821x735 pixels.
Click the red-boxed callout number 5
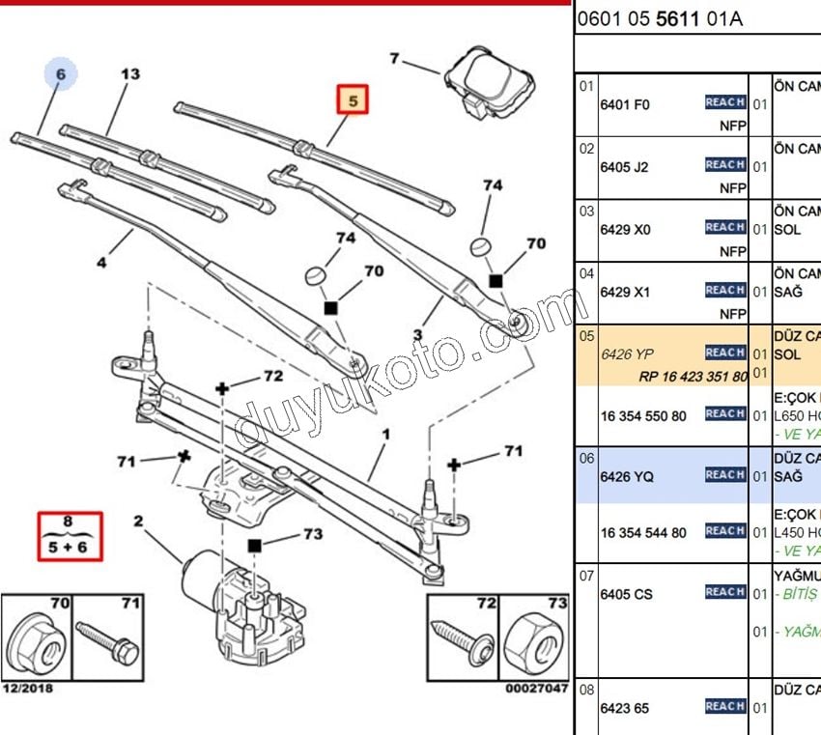[353, 100]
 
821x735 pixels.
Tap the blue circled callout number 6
[61, 74]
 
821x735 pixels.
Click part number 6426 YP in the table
[627, 354]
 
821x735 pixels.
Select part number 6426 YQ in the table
[627, 476]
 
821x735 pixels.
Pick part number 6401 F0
[625, 104]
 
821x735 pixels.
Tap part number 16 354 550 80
[643, 415]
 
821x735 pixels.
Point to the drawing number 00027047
[536, 689]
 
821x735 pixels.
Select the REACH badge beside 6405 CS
[724, 592]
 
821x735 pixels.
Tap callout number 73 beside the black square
[312, 533]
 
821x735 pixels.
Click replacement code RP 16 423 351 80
[693, 377]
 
